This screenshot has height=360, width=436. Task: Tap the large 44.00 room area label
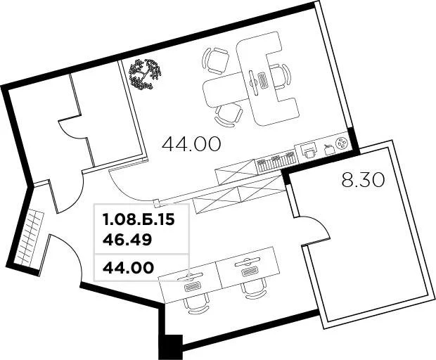[x=191, y=144]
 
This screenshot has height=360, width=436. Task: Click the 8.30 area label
[x=363, y=180]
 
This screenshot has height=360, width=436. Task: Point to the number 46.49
[x=127, y=239]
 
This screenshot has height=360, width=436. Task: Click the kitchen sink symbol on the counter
[x=308, y=149]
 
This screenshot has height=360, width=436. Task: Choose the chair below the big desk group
[x=229, y=113]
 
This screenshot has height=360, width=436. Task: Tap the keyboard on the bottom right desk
[x=248, y=271]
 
